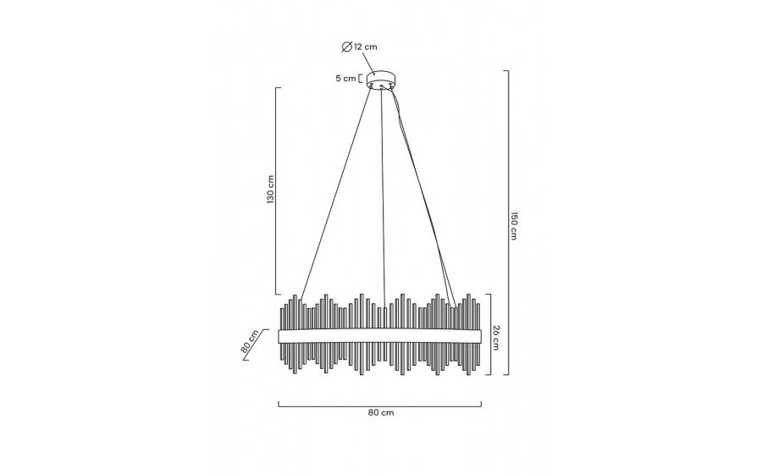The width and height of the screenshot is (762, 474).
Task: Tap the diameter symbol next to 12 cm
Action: pyautogui.click(x=346, y=47)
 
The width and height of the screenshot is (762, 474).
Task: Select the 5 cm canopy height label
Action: pyautogui.click(x=345, y=78)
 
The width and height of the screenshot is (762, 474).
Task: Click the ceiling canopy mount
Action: pyautogui.click(x=382, y=80)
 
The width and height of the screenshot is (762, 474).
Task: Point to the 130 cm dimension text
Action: pyautogui.click(x=271, y=190)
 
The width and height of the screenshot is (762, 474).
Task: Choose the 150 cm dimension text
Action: pyautogui.click(x=514, y=226)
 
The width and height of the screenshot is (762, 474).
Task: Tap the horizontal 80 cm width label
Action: pyautogui.click(x=380, y=413)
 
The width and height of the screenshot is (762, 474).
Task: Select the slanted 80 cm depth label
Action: pyautogui.click(x=249, y=342)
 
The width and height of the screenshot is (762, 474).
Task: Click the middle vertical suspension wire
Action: pyautogui.click(x=384, y=198)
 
